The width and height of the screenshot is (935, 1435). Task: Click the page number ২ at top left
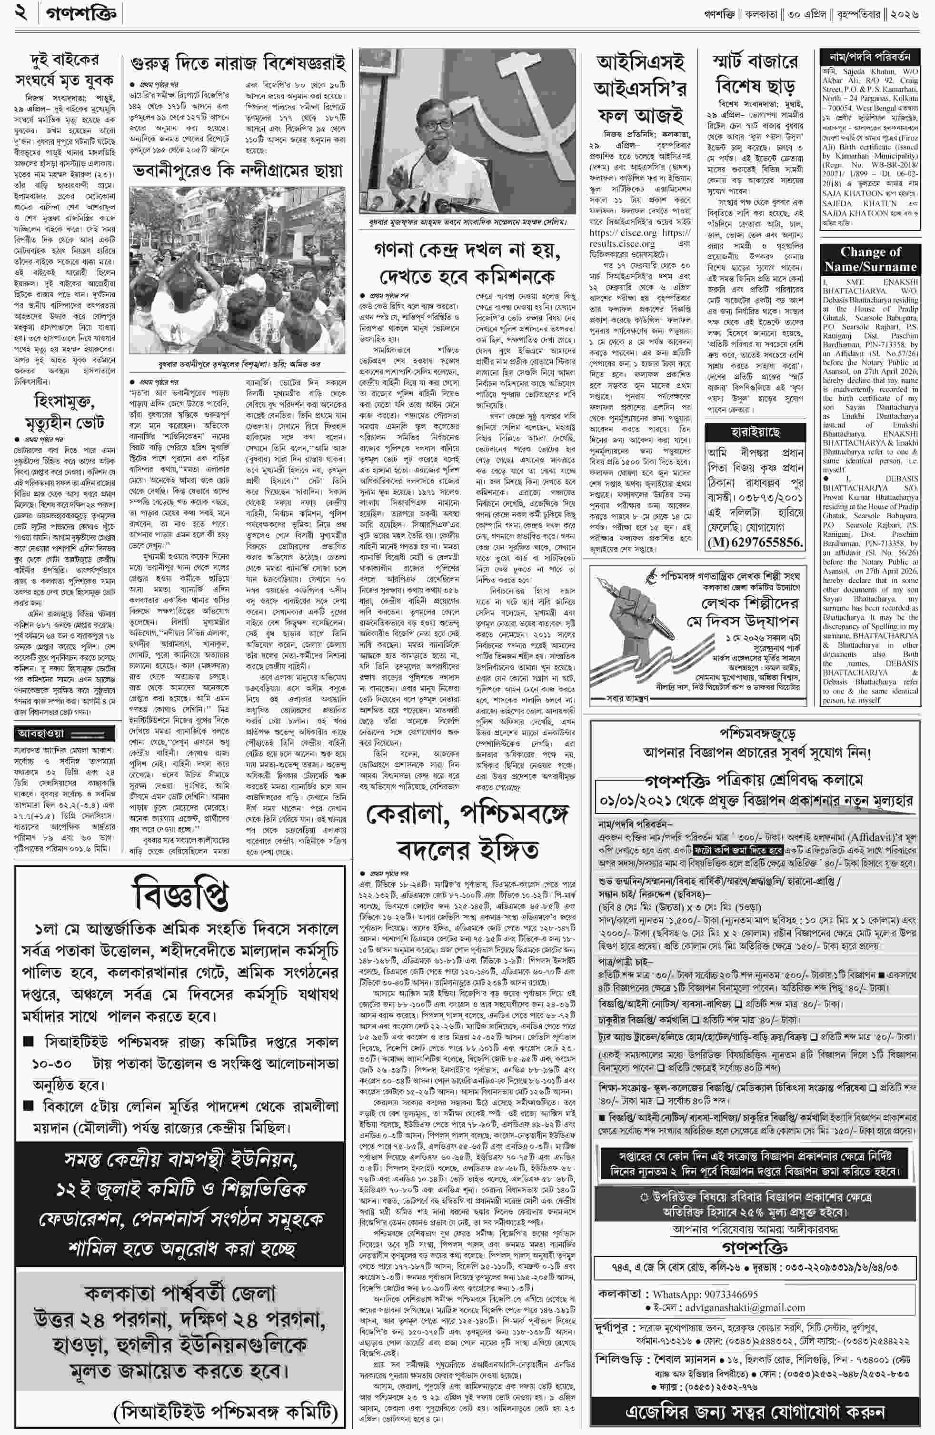tap(20, 13)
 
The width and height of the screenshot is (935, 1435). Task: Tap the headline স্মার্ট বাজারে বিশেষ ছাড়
tap(756, 72)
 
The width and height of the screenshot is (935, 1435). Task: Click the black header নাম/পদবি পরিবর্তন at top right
tap(870, 57)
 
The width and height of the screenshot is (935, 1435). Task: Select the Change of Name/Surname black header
tap(870, 259)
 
